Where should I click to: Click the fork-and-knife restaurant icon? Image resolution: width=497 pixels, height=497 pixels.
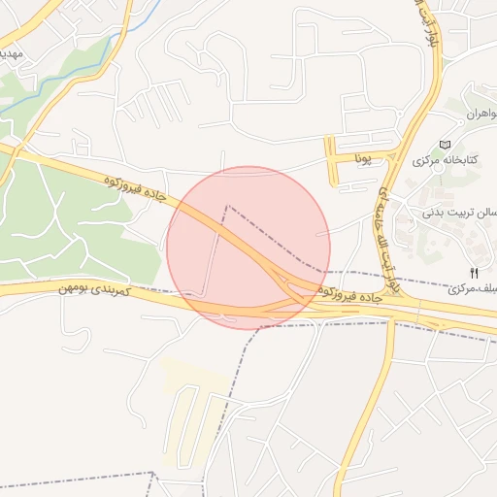pyautogui.click(x=474, y=273)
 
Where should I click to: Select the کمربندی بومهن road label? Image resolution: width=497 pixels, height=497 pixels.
pyautogui.click(x=93, y=289)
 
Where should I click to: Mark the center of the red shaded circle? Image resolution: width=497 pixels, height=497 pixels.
pyautogui.click(x=248, y=248)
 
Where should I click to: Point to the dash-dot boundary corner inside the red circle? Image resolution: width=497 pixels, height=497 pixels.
pyautogui.click(x=227, y=206)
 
